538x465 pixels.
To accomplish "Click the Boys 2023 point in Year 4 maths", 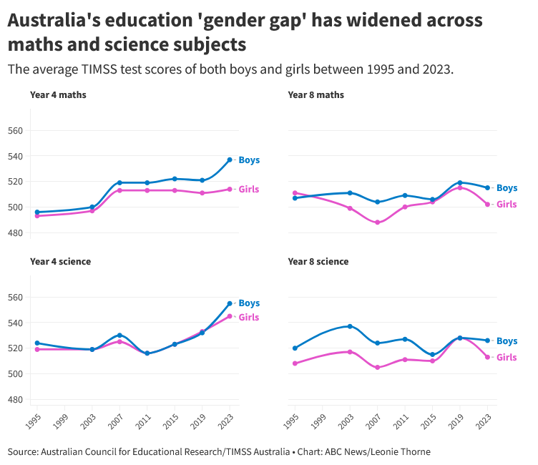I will pyautogui.click(x=230, y=160).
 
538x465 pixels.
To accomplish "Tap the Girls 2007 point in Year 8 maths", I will pyautogui.click(x=377, y=222).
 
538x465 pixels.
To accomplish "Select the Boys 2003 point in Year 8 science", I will pyautogui.click(x=350, y=326).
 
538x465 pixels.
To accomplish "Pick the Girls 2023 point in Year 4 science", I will pyautogui.click(x=230, y=316).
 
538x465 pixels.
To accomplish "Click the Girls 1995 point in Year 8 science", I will pyautogui.click(x=295, y=363).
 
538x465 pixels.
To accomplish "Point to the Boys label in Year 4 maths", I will pyautogui.click(x=249, y=160).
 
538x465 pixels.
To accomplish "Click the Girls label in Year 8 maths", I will pyautogui.click(x=507, y=205).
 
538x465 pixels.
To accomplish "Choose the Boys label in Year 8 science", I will pyautogui.click(x=507, y=341).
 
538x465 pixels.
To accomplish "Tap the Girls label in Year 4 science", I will pyautogui.click(x=249, y=318).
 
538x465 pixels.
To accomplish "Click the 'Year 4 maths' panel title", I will pyautogui.click(x=58, y=94).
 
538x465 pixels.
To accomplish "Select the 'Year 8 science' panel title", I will pyautogui.click(x=318, y=261).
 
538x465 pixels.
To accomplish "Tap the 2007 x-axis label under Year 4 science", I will pyautogui.click(x=115, y=420).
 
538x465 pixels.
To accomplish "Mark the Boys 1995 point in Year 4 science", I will pyautogui.click(x=37, y=343).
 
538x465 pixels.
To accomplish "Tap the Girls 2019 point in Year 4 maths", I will pyautogui.click(x=202, y=193).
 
